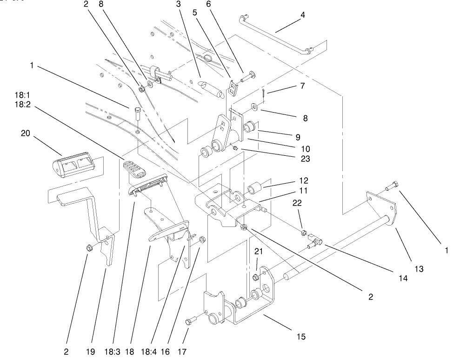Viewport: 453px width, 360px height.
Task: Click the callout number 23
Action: click(305, 158)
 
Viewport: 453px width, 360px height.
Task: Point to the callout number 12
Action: click(304, 180)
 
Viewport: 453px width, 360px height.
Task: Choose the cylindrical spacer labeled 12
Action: click(254, 189)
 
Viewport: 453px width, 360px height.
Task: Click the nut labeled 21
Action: click(255, 278)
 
